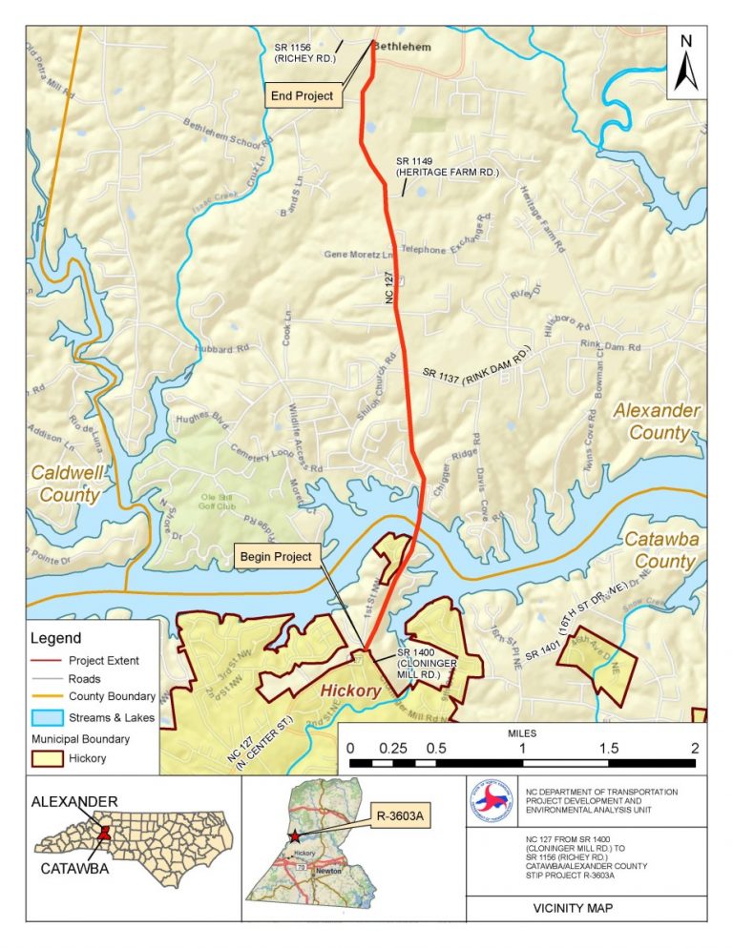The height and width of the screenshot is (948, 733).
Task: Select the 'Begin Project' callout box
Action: coord(277,556)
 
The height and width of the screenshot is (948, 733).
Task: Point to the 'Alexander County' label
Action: coord(656,421)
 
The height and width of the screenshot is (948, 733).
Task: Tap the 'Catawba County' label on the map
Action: coord(659,550)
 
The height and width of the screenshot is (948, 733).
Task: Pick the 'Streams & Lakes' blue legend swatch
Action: coord(46,717)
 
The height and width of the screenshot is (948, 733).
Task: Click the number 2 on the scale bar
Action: coord(695,748)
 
